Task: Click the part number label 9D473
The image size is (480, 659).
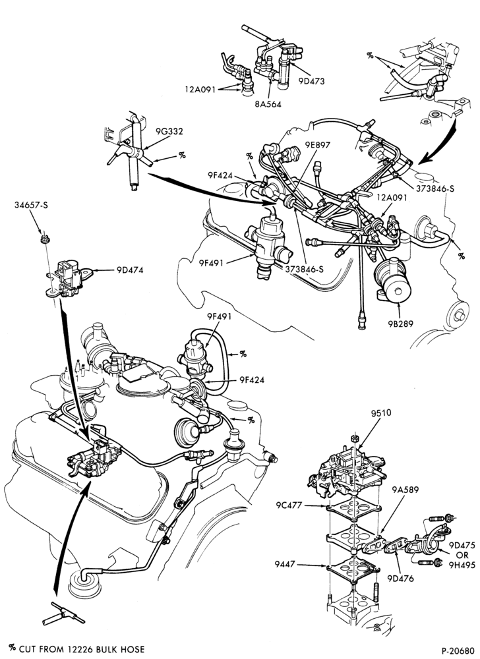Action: click(311, 82)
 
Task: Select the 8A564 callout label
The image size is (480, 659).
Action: click(268, 104)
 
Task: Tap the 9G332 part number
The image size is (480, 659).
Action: click(169, 132)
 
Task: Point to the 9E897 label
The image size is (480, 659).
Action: click(318, 146)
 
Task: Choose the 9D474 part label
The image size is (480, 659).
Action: click(130, 270)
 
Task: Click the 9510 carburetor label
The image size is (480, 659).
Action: click(381, 413)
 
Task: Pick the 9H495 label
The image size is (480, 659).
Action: click(462, 565)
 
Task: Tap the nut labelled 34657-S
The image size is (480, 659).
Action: click(44, 241)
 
